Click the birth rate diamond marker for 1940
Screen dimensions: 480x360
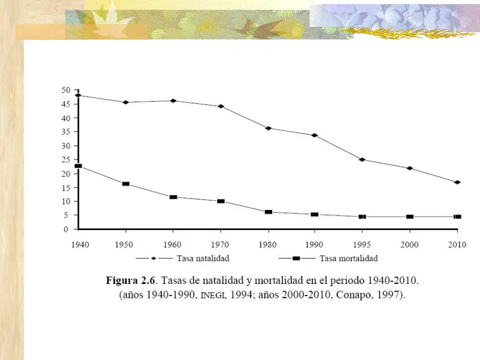[78, 95]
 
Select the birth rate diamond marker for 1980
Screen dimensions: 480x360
[268, 128]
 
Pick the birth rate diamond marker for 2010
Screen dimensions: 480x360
[457, 182]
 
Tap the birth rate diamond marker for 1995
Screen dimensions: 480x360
[362, 159]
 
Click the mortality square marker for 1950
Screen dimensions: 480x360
[126, 184]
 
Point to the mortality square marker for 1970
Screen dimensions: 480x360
[221, 201]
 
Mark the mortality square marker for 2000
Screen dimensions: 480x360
[410, 217]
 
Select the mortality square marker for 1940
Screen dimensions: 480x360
[78, 166]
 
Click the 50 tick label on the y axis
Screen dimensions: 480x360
[66, 90]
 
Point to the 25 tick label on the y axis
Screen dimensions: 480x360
[66, 160]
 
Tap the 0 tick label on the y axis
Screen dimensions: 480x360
[66, 229]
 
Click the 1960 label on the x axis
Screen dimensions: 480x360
[172, 244]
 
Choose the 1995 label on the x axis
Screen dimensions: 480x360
[362, 244]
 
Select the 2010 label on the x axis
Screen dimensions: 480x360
[457, 244]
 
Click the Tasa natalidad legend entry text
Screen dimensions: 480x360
[203, 258]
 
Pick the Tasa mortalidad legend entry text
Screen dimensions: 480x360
[349, 258]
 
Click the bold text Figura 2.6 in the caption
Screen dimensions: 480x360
[131, 281]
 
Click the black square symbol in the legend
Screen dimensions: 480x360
[296, 258]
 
